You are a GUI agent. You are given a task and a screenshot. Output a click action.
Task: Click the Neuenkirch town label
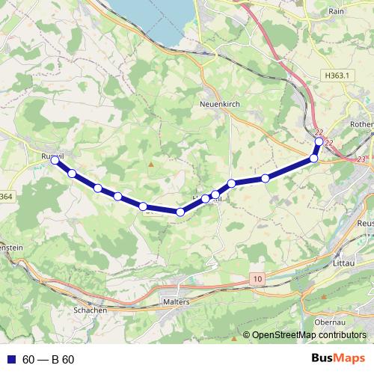point(220,105)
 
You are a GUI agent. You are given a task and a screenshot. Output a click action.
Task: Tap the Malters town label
point(177,301)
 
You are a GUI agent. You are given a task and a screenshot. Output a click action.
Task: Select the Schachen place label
point(91,310)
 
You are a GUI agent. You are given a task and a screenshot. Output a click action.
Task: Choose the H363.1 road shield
point(340,76)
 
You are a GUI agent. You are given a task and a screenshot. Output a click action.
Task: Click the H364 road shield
point(4,197)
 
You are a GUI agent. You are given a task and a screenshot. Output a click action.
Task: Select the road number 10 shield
point(258,278)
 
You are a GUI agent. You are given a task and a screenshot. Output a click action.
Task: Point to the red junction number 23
point(362,159)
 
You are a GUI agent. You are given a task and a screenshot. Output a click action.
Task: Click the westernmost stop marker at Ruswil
point(55,159)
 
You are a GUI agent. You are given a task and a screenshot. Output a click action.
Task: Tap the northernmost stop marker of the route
point(319,141)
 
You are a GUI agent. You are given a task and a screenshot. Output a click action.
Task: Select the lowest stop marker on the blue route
point(180,212)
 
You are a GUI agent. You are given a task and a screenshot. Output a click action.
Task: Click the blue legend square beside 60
point(10,360)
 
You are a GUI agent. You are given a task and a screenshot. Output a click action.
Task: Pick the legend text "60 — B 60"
point(49,360)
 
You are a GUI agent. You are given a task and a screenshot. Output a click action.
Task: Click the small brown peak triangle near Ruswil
point(150,163)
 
